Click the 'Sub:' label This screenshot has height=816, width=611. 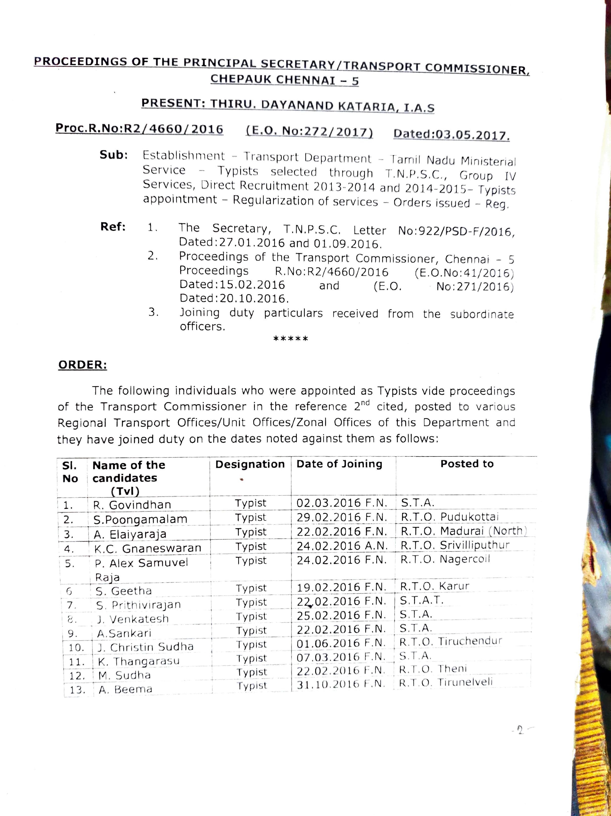pos(114,155)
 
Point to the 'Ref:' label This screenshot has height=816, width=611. pos(113,227)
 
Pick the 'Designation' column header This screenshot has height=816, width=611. pos(250,464)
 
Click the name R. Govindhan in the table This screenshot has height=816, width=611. pos(132,505)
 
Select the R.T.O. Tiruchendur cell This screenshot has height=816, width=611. pos(451,641)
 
